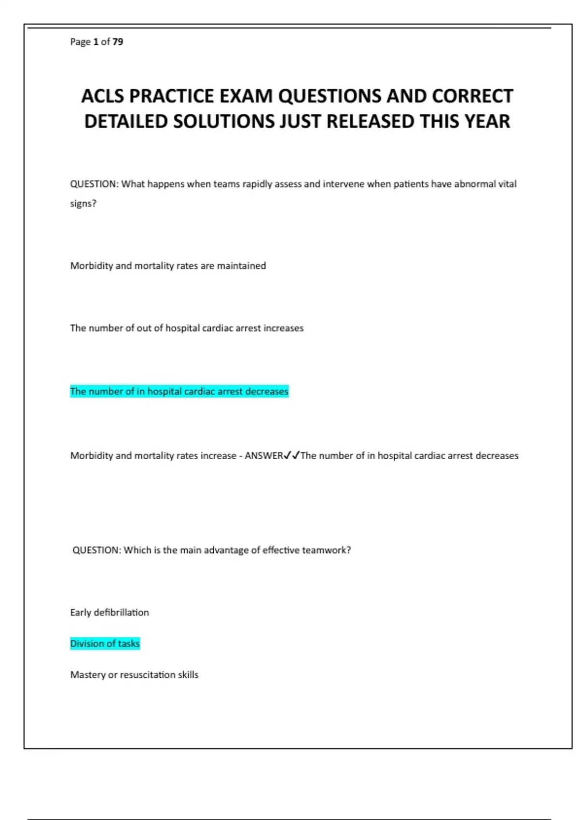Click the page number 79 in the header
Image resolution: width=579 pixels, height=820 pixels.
[118, 42]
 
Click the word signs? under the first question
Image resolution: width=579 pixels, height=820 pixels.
[83, 204]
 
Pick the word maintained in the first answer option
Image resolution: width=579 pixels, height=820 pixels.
[241, 266]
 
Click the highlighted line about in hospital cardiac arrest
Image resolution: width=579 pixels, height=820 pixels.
[179, 391]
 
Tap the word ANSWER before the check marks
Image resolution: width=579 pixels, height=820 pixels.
[264, 456]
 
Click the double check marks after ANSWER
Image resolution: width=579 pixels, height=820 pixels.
[292, 455]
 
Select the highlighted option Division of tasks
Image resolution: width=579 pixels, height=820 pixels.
[105, 643]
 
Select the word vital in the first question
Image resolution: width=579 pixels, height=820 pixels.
[507, 184]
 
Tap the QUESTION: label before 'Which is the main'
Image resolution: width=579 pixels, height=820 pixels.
[96, 550]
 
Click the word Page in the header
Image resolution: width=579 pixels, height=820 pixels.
[80, 42]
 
